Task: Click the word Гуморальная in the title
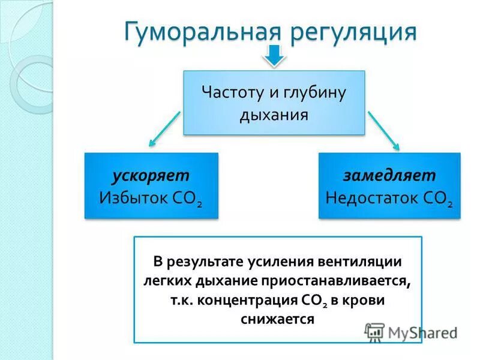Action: pyautogui.click(x=201, y=31)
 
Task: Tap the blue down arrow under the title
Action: pyautogui.click(x=274, y=56)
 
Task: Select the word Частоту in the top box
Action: pyautogui.click(x=229, y=93)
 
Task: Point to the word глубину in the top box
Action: pyautogui.click(x=317, y=93)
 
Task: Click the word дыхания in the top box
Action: pyautogui.click(x=274, y=114)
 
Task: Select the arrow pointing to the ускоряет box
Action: pyautogui.click(x=164, y=128)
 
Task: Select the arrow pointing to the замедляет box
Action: pyautogui.click(x=383, y=129)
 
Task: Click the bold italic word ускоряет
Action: pyautogui.click(x=151, y=175)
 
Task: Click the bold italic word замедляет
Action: pyautogui.click(x=389, y=175)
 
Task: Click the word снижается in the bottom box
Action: pyautogui.click(x=277, y=319)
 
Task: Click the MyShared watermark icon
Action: pyautogui.click(x=374, y=332)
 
